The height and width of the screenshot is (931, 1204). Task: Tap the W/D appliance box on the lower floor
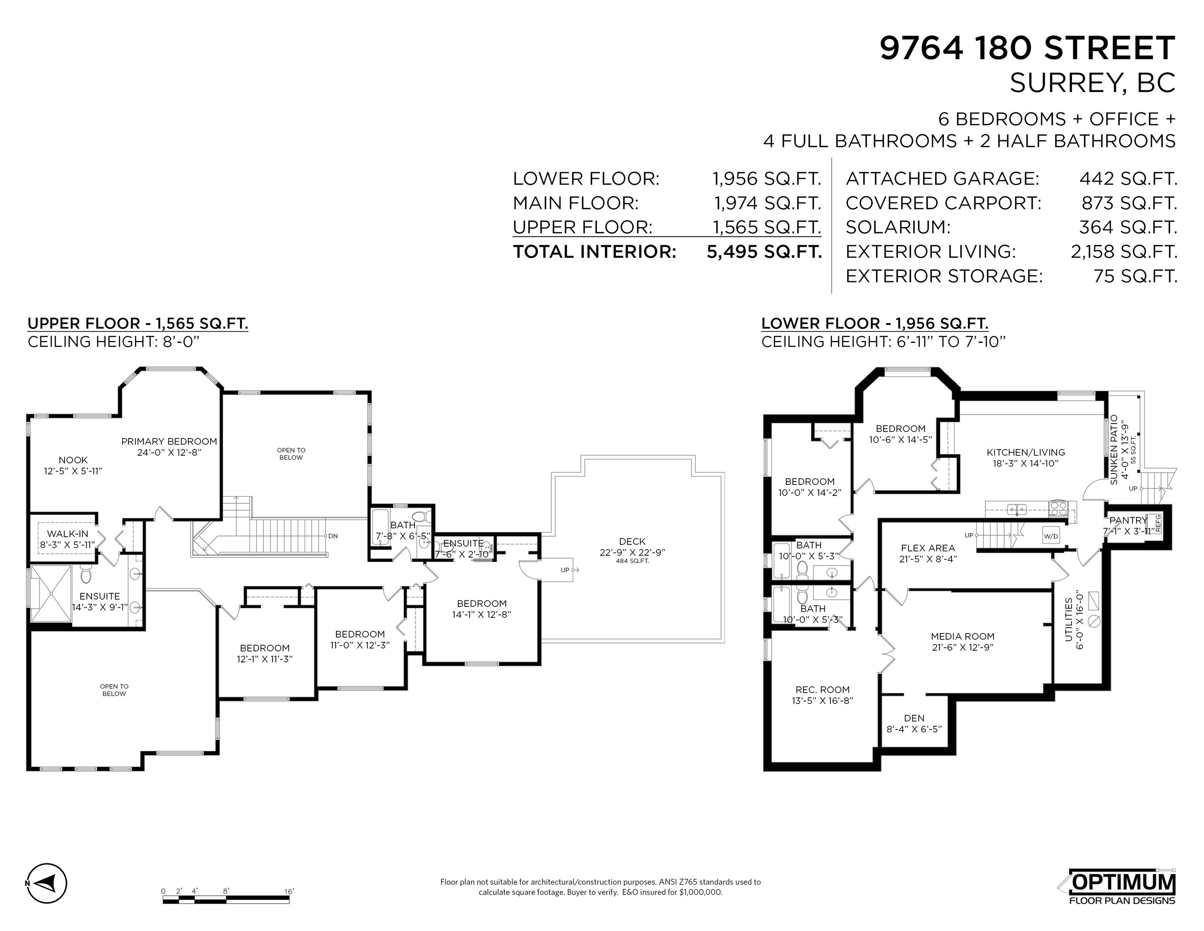coord(1050,535)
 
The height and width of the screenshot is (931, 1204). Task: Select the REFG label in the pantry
coord(1158,523)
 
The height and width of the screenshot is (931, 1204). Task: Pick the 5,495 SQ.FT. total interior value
coord(764,251)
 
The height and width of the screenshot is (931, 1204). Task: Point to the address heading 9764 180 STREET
coord(1027,48)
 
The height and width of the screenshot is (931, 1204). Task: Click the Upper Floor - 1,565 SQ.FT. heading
coord(138,324)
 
